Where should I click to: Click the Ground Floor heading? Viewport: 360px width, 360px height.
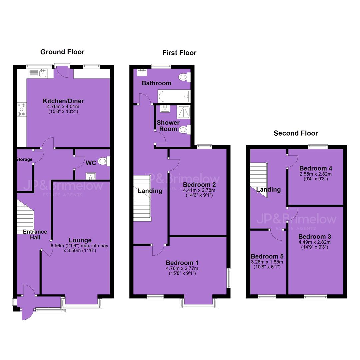62,52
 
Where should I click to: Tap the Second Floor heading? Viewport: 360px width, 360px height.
296,133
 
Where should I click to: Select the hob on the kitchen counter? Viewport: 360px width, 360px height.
22,110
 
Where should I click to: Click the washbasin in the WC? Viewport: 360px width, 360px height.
91,176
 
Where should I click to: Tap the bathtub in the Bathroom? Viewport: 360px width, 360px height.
174,96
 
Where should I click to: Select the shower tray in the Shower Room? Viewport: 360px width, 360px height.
184,112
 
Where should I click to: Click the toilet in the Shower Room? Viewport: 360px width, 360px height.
184,130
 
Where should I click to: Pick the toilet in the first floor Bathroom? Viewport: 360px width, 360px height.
185,77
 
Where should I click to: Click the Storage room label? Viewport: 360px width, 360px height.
24,159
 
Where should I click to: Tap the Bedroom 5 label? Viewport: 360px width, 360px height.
267,256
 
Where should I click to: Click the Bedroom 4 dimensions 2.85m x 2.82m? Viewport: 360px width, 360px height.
315,174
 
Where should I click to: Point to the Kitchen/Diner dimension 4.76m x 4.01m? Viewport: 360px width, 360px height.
63,107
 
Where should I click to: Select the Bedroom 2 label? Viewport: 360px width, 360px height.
199,185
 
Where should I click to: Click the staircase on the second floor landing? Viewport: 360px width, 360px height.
259,180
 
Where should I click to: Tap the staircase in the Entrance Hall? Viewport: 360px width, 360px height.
25,217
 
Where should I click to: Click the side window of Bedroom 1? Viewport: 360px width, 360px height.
229,278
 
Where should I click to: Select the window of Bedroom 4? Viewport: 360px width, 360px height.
318,146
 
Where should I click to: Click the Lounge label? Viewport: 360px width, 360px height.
80,240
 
